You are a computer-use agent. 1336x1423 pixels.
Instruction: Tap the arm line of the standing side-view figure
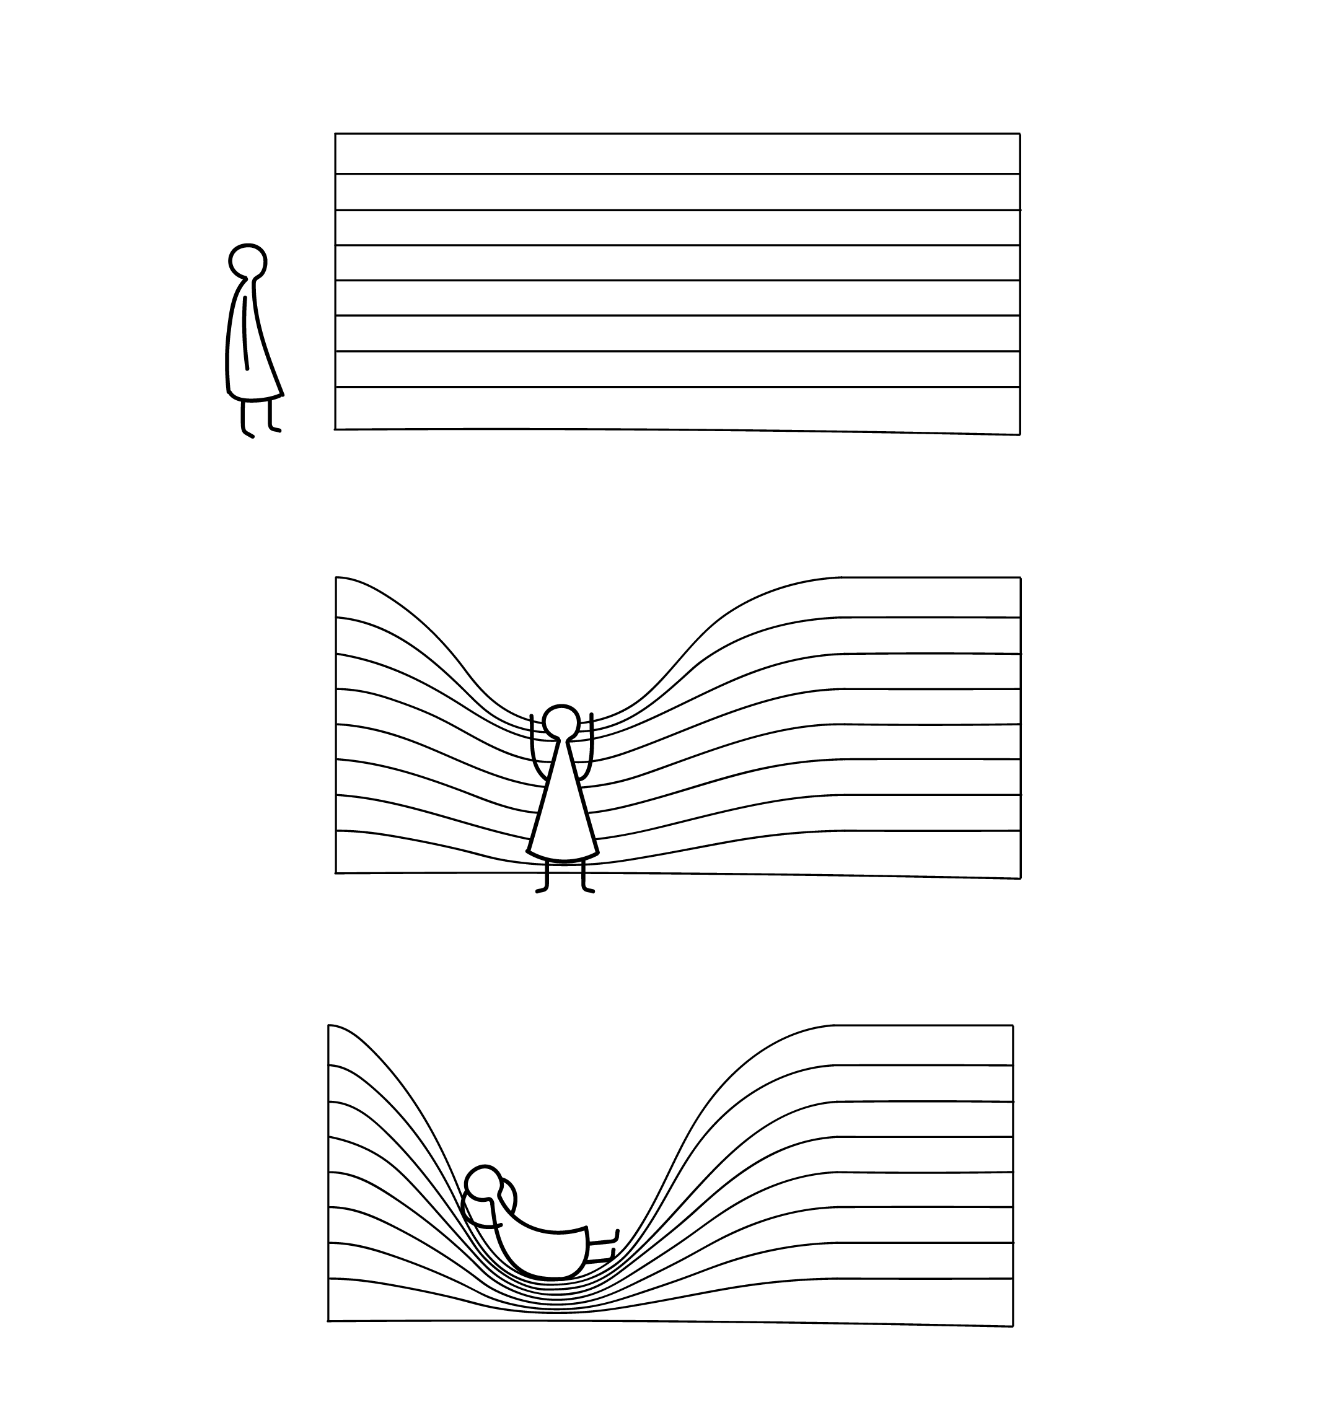pos(245,333)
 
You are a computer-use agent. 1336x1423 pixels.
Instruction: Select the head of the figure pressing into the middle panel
pos(561,722)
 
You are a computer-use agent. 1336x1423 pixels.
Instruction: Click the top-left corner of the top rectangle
pos(336,134)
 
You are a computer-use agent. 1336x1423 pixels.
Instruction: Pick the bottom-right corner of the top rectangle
pos(1019,434)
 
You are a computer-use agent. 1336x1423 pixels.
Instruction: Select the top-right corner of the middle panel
pos(1019,577)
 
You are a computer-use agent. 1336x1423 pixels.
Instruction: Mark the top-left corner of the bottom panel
pos(328,1026)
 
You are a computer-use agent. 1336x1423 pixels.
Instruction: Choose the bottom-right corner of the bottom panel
pos(1013,1326)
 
